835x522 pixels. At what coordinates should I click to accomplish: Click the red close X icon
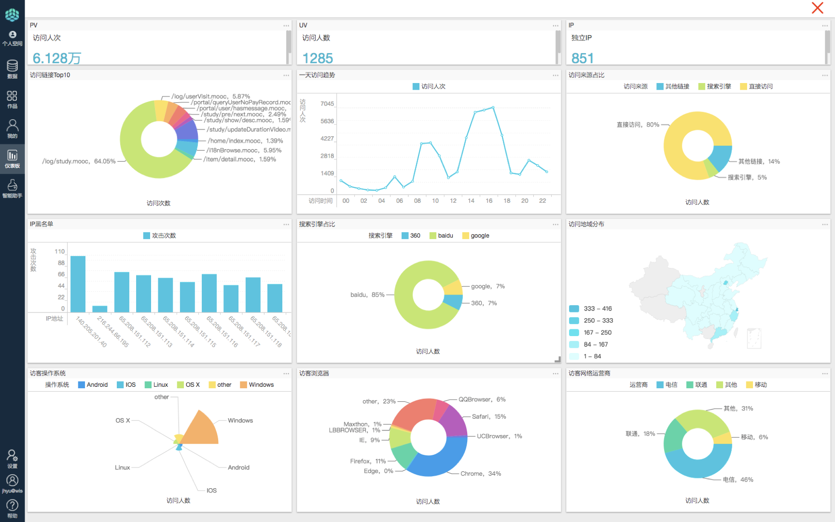(x=817, y=8)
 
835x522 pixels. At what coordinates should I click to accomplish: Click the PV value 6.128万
(x=56, y=58)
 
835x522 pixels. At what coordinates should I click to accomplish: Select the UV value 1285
(x=318, y=58)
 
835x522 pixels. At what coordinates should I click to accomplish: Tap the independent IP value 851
(x=582, y=58)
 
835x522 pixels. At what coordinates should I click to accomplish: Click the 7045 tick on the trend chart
(x=327, y=104)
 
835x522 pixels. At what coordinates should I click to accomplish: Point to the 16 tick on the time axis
(x=489, y=201)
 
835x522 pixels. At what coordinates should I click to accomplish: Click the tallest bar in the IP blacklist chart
(x=78, y=284)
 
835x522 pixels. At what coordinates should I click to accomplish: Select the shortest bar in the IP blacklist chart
(x=100, y=309)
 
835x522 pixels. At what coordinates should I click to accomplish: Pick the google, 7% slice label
(x=487, y=286)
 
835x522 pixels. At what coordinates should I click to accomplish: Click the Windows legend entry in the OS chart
(x=257, y=385)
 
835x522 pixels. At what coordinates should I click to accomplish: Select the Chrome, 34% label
(x=480, y=474)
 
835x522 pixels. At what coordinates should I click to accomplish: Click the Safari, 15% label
(x=488, y=417)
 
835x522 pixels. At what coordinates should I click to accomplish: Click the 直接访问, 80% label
(x=638, y=125)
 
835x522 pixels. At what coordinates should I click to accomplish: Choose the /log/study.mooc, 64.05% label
(x=79, y=161)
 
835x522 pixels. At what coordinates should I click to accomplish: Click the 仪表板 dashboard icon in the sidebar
(x=12, y=158)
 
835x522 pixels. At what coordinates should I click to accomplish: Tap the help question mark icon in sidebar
(x=12, y=507)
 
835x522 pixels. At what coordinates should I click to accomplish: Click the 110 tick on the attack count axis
(x=59, y=252)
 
